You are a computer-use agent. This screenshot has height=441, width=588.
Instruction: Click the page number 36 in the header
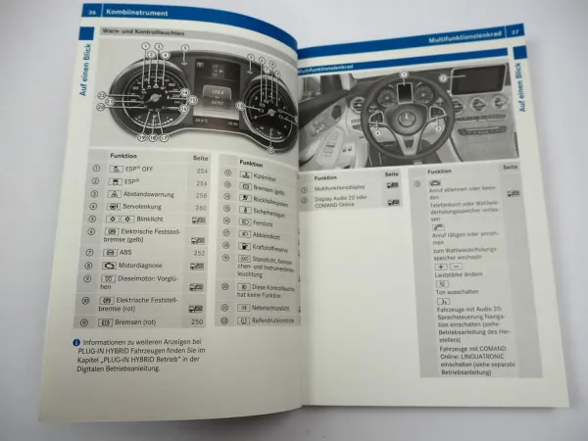click(91, 12)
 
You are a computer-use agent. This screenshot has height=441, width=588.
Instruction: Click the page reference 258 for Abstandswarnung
click(199, 195)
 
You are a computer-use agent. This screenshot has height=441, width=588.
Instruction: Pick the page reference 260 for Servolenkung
click(199, 208)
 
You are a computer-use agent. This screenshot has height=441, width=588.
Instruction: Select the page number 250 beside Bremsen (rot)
click(196, 321)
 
